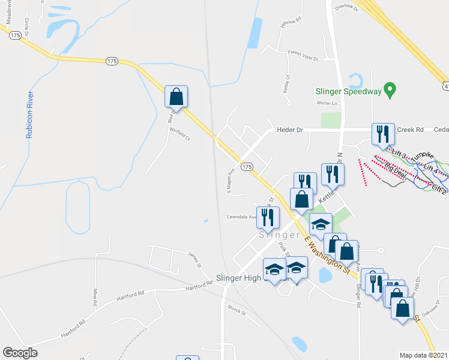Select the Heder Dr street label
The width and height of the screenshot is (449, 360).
[x=290, y=130]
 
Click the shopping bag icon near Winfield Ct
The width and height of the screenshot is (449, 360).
[x=176, y=97]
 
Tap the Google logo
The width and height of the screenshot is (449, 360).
[x=20, y=352]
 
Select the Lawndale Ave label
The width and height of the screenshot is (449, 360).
[x=241, y=217]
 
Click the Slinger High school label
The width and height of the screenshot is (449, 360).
[x=238, y=278]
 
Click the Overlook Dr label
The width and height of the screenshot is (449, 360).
[x=346, y=8]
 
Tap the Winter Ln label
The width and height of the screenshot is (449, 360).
[x=328, y=103]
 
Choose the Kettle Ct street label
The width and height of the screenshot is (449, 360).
[x=286, y=83]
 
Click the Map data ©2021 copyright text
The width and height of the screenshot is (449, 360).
[x=423, y=355]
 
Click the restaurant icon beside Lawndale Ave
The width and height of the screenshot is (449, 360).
[x=268, y=217]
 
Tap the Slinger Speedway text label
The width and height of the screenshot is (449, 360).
[x=349, y=92]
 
